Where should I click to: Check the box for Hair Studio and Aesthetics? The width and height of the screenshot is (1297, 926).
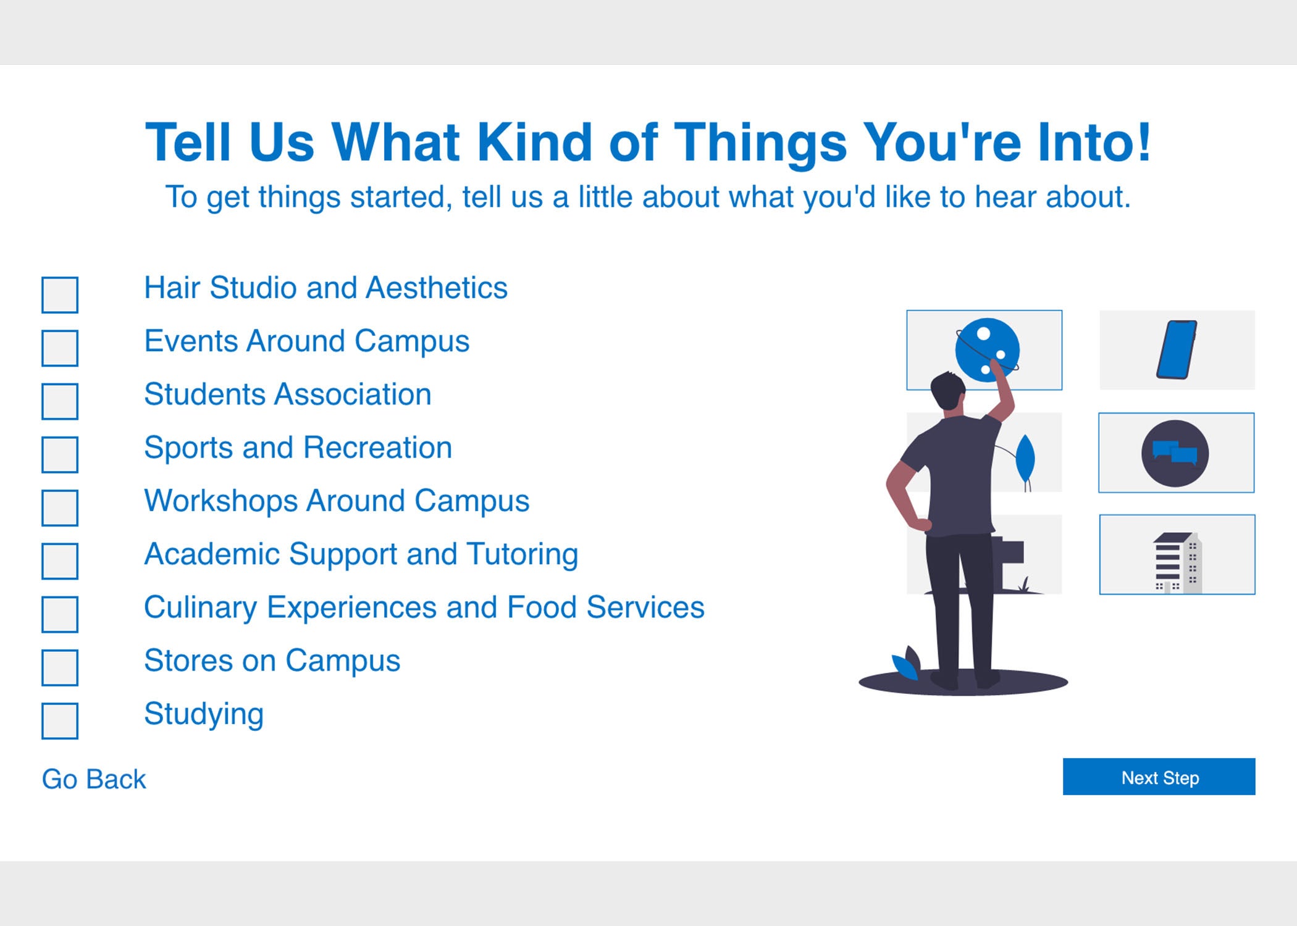click(x=60, y=295)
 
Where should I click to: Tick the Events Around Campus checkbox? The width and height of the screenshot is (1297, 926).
click(x=60, y=348)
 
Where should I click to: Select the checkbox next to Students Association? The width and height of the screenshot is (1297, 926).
click(x=60, y=401)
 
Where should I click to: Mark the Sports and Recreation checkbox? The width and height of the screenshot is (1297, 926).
click(x=60, y=454)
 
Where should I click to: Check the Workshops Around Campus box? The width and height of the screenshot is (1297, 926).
click(x=60, y=507)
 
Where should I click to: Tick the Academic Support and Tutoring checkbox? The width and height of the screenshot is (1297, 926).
click(x=60, y=561)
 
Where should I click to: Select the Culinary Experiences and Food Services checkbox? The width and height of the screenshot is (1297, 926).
click(x=60, y=614)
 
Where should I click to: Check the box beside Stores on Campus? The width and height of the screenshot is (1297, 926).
click(x=60, y=667)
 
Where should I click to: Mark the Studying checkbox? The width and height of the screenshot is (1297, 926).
click(x=60, y=720)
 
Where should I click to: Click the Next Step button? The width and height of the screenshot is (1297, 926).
click(x=1159, y=777)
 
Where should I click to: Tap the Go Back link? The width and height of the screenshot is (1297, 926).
click(x=94, y=779)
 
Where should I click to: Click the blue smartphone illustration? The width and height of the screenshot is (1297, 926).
click(x=1177, y=349)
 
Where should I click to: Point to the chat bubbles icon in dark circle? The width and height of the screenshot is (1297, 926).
click(x=1175, y=453)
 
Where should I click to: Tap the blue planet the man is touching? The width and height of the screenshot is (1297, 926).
click(x=987, y=349)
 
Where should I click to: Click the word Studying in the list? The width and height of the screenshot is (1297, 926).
click(x=204, y=715)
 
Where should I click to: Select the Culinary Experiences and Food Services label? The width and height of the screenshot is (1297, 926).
click(x=424, y=607)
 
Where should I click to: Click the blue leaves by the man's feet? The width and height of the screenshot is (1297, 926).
click(x=907, y=663)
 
